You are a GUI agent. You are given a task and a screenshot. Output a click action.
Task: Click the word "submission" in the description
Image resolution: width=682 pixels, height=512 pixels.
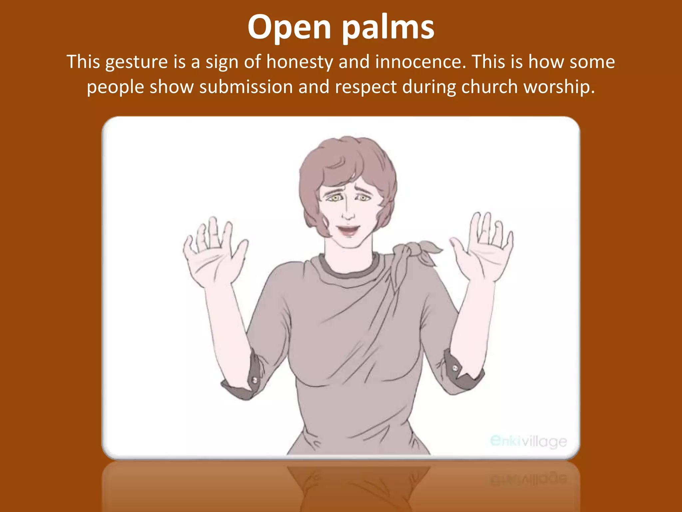[246, 87]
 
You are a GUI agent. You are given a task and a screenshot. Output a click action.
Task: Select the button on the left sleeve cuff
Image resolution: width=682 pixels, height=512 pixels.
[255, 380]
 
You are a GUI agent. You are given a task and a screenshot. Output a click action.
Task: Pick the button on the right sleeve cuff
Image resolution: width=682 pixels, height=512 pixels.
[455, 368]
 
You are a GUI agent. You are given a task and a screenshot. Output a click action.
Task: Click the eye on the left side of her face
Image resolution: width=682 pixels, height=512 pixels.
[335, 198]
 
